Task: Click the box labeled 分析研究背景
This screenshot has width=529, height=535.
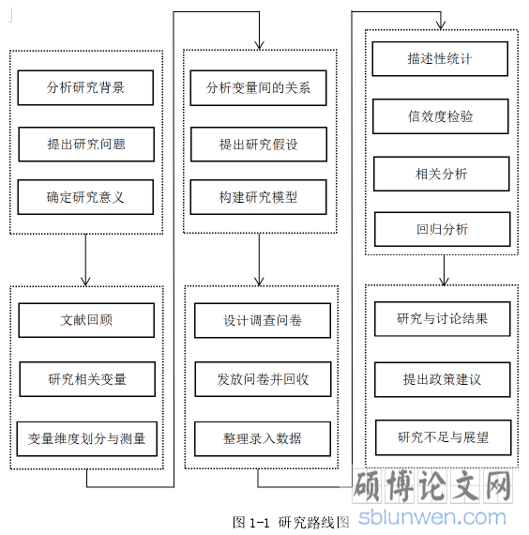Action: tap(85, 87)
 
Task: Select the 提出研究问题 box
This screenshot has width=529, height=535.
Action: tap(86, 145)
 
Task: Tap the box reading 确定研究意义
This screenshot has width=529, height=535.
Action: tap(85, 197)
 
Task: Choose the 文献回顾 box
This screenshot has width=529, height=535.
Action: tap(86, 320)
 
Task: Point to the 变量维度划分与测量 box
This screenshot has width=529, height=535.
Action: tap(87, 438)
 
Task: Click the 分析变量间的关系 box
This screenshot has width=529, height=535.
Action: tap(258, 88)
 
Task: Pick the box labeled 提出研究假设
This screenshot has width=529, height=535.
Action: tap(259, 145)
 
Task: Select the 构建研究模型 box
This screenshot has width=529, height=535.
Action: tap(258, 197)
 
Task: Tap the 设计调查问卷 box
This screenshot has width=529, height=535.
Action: tap(263, 320)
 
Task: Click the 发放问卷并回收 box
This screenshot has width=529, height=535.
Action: tap(263, 379)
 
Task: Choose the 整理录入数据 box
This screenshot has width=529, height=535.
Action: tap(263, 438)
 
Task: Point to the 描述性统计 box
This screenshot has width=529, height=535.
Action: tap(440, 59)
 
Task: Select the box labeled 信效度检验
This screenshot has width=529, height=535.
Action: tap(441, 116)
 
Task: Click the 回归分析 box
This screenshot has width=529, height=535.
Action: tap(443, 229)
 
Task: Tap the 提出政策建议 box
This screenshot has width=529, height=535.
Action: tap(443, 379)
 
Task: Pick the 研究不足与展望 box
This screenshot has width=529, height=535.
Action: tap(444, 437)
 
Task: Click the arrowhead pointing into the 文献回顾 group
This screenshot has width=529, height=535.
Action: tap(85, 282)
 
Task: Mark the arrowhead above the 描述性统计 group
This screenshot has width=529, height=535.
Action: tap(441, 25)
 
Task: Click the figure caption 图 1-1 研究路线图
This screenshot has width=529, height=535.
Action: tap(292, 522)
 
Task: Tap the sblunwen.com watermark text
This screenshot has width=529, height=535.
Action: tap(432, 517)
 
